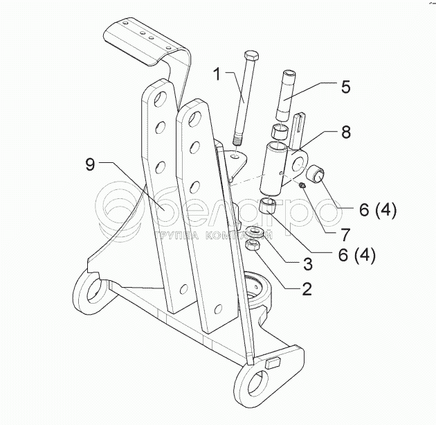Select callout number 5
coord(345,87)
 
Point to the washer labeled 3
coord(254,232)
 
